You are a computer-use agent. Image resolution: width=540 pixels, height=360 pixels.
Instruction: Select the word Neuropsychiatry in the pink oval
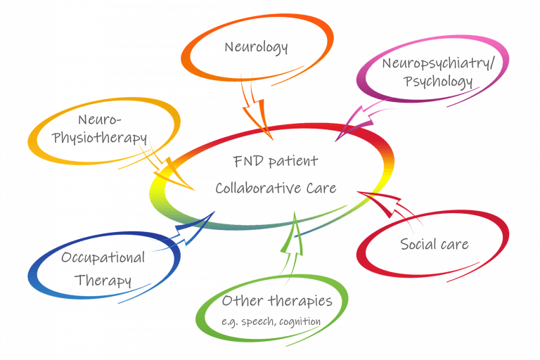pos(437,64)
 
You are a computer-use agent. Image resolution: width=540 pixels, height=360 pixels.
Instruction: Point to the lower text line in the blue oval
pos(91,281)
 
